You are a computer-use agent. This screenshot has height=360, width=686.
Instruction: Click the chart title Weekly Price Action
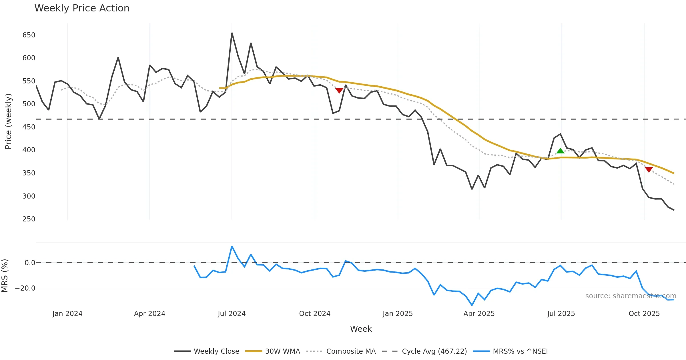pyautogui.click(x=82, y=8)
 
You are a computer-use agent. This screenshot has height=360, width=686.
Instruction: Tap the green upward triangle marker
pyautogui.click(x=560, y=151)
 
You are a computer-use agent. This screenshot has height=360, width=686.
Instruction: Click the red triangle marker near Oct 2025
pyautogui.click(x=649, y=169)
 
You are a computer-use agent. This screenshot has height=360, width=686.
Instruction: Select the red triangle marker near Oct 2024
pyautogui.click(x=339, y=91)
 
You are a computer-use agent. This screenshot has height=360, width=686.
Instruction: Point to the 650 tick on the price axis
pyautogui.click(x=29, y=35)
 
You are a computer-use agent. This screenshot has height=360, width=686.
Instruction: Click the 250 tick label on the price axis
pyautogui.click(x=29, y=219)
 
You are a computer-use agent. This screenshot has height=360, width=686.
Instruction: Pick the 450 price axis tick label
pyautogui.click(x=29, y=127)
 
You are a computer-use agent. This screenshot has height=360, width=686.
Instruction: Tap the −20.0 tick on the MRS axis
pyautogui.click(x=25, y=288)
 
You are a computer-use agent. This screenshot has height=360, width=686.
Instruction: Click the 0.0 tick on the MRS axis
pyautogui.click(x=30, y=263)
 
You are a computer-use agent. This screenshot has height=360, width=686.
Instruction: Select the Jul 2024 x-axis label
pyautogui.click(x=232, y=314)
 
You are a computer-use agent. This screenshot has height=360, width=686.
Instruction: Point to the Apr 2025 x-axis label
pyautogui.click(x=479, y=314)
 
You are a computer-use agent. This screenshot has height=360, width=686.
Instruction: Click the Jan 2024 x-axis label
pyautogui.click(x=67, y=314)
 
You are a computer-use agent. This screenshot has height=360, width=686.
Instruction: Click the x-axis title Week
pyautogui.click(x=361, y=329)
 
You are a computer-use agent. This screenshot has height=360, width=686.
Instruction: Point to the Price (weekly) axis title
pyautogui.click(x=8, y=121)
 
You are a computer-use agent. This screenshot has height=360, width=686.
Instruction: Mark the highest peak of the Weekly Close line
pyautogui.click(x=232, y=33)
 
